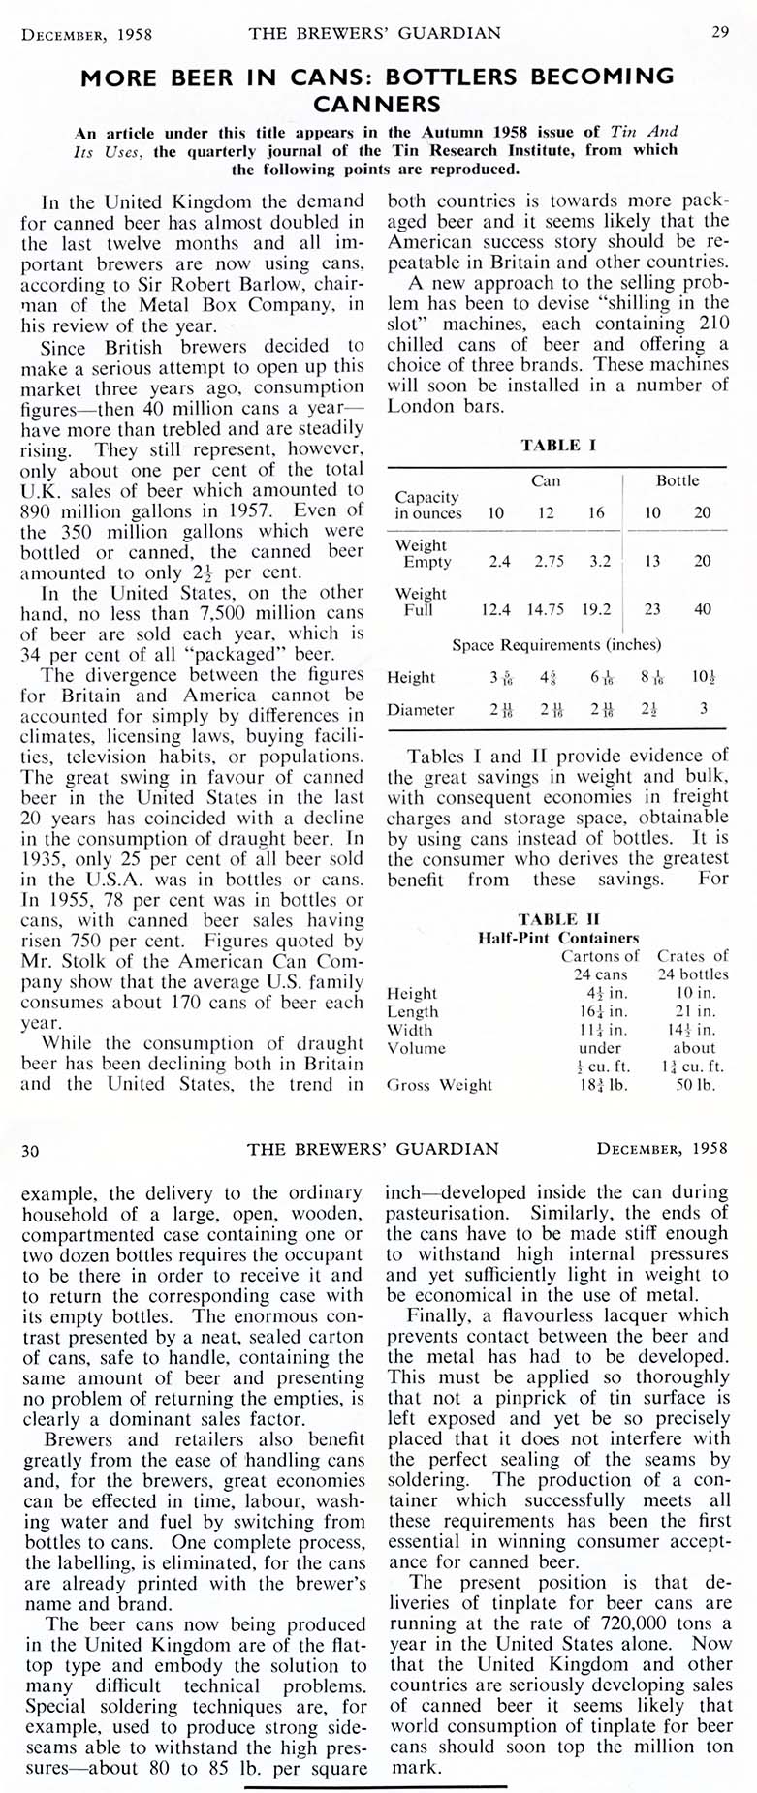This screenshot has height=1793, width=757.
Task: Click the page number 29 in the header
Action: click(719, 33)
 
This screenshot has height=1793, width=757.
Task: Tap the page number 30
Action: click(30, 1150)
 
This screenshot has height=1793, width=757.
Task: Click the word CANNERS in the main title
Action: click(377, 103)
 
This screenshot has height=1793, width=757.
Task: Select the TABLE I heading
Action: click(557, 445)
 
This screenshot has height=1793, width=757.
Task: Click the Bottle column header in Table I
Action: click(677, 480)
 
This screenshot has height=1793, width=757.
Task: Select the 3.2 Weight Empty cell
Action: click(600, 561)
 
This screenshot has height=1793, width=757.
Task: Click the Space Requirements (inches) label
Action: click(556, 644)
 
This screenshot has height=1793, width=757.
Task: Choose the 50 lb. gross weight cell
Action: click(694, 1085)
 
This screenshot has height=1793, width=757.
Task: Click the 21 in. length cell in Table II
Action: click(693, 1011)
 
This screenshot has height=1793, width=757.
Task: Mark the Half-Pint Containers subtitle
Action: click(558, 938)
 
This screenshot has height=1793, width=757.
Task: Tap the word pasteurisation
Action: click(449, 1213)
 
